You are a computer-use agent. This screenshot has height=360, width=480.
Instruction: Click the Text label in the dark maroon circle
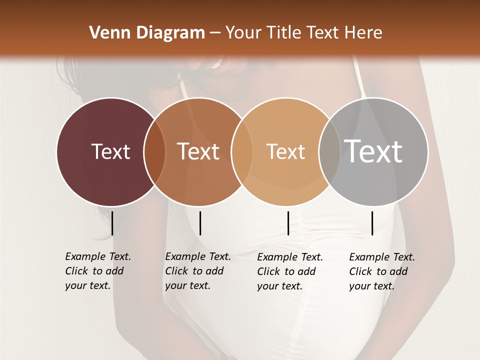[110, 151]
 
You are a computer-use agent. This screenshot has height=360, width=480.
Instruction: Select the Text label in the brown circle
[198, 151]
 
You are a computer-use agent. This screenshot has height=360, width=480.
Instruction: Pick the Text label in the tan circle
[285, 151]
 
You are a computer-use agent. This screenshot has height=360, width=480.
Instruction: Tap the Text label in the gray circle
[373, 151]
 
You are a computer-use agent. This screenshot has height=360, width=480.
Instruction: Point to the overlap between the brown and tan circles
[241, 152]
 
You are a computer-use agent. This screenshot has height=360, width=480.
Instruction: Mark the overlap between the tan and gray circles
[329, 152]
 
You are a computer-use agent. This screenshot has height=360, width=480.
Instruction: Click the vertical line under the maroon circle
[112, 223]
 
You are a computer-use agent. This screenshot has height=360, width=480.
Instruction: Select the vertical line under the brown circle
[200, 223]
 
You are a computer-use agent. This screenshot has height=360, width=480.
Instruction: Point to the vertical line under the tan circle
[288, 223]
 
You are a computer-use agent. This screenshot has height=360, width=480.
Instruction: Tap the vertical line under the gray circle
[372, 223]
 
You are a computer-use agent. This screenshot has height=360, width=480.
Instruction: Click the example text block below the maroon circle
[98, 271]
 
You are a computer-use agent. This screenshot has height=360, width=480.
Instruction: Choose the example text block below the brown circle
[198, 271]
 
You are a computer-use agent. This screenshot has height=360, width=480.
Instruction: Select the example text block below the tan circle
[290, 271]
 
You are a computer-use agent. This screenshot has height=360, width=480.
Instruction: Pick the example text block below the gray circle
[382, 271]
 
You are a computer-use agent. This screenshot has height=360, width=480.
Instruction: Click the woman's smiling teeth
[217, 64]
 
